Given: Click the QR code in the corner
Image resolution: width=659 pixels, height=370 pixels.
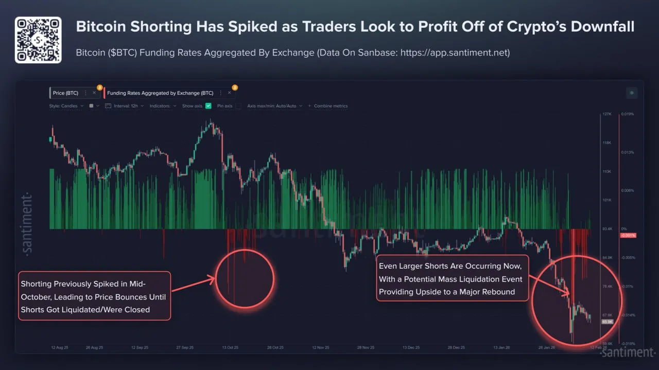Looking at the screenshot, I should (x=38, y=40).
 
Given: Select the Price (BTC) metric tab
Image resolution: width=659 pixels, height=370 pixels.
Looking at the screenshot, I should (x=66, y=93).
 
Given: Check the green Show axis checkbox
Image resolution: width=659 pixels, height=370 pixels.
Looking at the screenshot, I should (x=208, y=106).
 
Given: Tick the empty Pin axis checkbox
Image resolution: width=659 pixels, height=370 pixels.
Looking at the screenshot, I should (x=238, y=106).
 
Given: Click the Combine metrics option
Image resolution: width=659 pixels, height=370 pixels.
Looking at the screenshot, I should (x=330, y=106).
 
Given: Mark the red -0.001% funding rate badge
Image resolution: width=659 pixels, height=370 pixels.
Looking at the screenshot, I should (x=629, y=235).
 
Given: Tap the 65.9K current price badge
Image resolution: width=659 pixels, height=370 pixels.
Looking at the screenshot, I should (x=607, y=322).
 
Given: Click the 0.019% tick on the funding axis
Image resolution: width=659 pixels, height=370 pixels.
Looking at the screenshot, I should (x=627, y=114).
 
